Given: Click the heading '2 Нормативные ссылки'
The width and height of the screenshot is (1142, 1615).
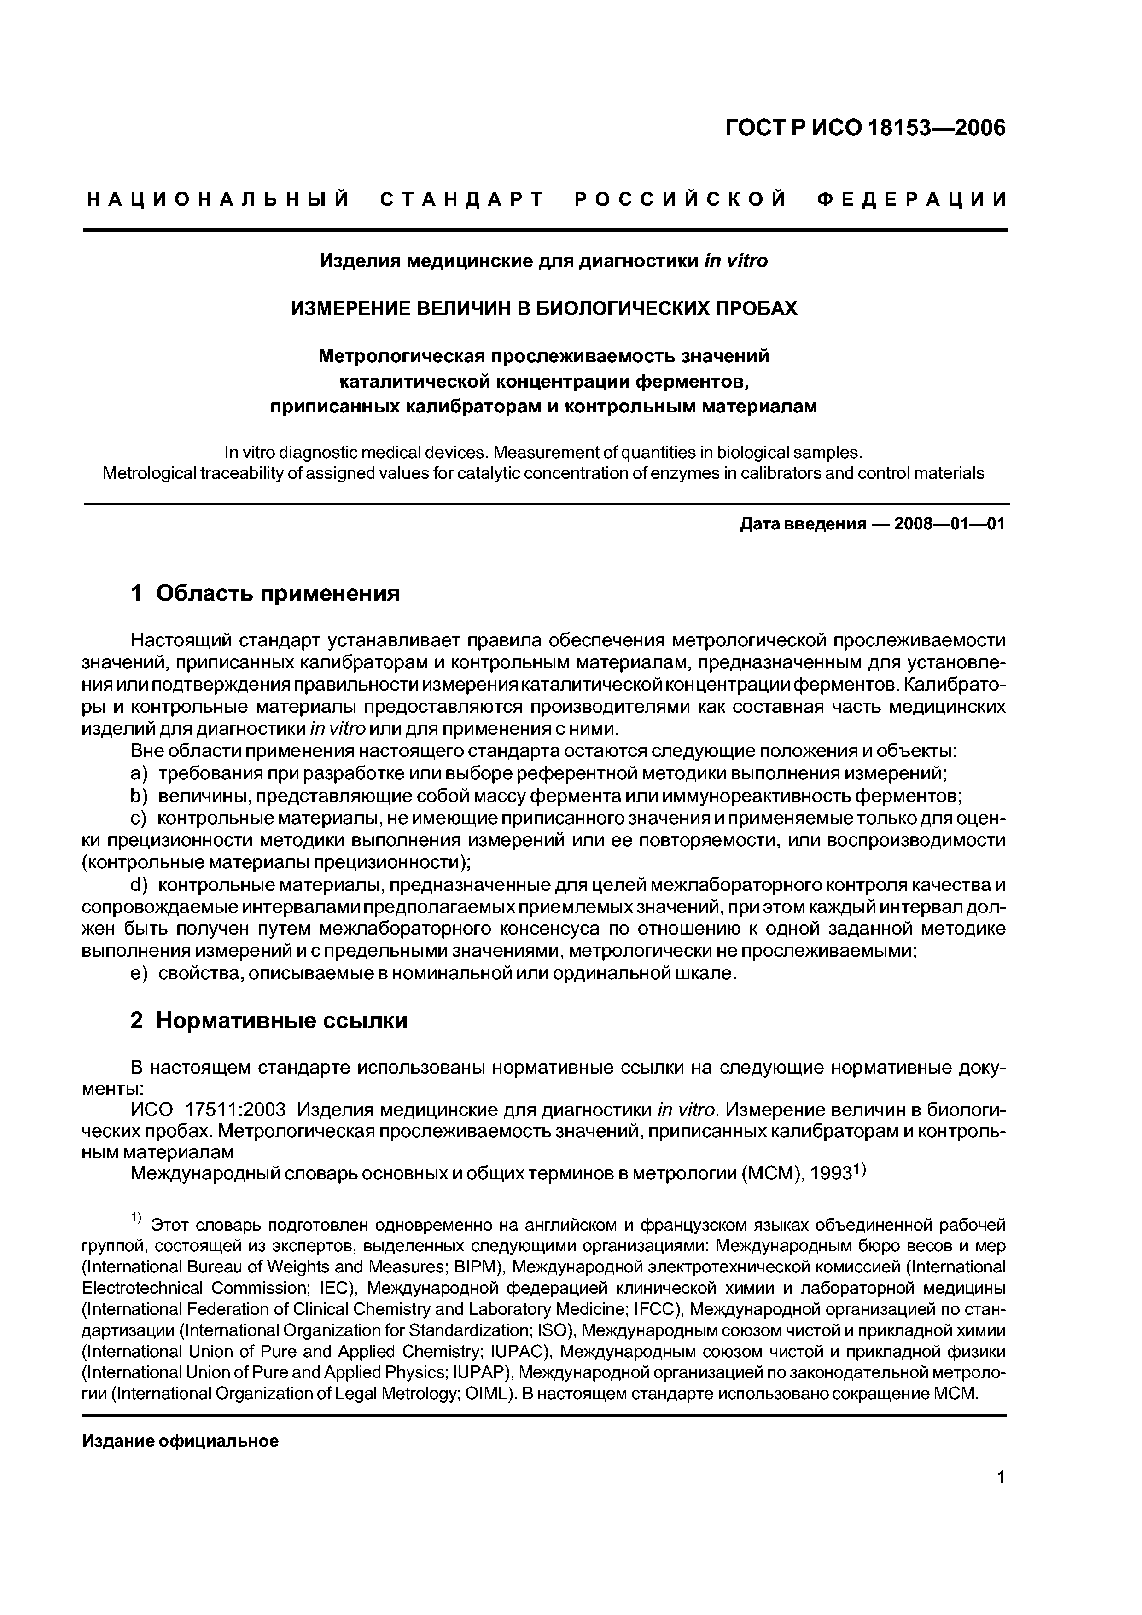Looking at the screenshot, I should coord(269,1021).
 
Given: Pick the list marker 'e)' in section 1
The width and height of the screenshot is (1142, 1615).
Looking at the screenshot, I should coord(140,974).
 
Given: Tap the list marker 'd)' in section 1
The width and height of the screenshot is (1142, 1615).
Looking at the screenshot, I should coord(140,885).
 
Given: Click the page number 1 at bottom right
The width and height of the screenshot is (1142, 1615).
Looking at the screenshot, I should coord(1001,1495).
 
